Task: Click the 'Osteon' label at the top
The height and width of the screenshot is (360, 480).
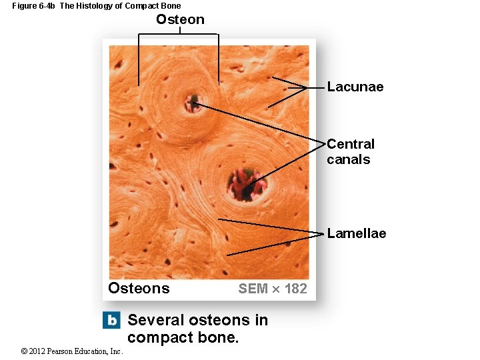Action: (180, 19)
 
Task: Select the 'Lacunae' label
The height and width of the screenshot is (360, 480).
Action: (355, 87)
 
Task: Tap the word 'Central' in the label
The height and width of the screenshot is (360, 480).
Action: (351, 144)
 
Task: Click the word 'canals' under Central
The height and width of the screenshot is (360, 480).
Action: (348, 159)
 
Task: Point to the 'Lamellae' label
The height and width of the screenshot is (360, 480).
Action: (356, 233)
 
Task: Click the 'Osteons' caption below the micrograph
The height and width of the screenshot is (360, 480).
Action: (139, 288)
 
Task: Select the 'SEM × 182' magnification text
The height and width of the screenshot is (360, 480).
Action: (273, 289)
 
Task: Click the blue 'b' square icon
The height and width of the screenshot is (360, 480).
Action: (111, 320)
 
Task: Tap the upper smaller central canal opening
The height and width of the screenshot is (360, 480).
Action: (193, 103)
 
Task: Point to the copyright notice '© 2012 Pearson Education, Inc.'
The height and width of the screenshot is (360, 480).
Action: (72, 351)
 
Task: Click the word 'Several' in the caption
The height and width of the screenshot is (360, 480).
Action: (156, 320)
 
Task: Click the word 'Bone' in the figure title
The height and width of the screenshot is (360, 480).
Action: (171, 6)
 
